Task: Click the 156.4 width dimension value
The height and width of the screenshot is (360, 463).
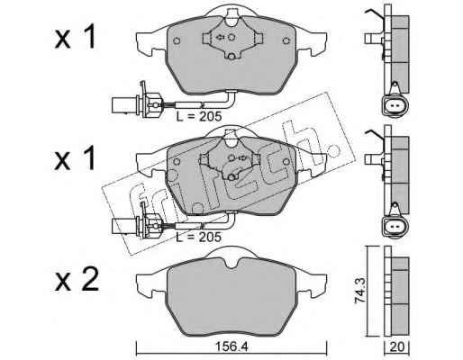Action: [231, 347]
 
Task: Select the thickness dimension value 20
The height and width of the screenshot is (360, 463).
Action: [397, 347]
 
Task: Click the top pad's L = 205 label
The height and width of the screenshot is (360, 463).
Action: [198, 116]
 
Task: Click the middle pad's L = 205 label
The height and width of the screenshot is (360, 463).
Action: [198, 237]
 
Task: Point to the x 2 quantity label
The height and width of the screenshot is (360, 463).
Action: [77, 279]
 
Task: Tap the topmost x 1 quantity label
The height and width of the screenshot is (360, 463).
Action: [75, 37]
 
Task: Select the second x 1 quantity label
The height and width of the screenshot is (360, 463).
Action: [75, 158]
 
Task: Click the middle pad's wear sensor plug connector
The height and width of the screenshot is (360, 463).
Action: [137, 222]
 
